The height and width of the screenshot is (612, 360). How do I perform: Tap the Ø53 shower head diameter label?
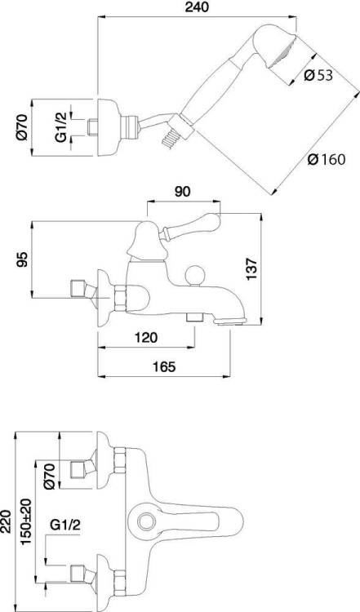click(318, 75)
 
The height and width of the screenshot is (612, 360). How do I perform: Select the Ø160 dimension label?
click(326, 159)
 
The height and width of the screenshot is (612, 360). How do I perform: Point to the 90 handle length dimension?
click(183, 192)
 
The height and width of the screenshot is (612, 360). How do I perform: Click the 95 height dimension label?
click(23, 260)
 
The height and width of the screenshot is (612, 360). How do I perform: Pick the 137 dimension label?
click(252, 268)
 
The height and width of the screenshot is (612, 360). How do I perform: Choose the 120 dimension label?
click(146, 337)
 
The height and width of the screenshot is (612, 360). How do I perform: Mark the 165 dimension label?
click(164, 366)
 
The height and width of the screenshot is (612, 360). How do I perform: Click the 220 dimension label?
click(7, 521)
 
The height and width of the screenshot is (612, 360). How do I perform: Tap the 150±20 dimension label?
click(27, 521)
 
